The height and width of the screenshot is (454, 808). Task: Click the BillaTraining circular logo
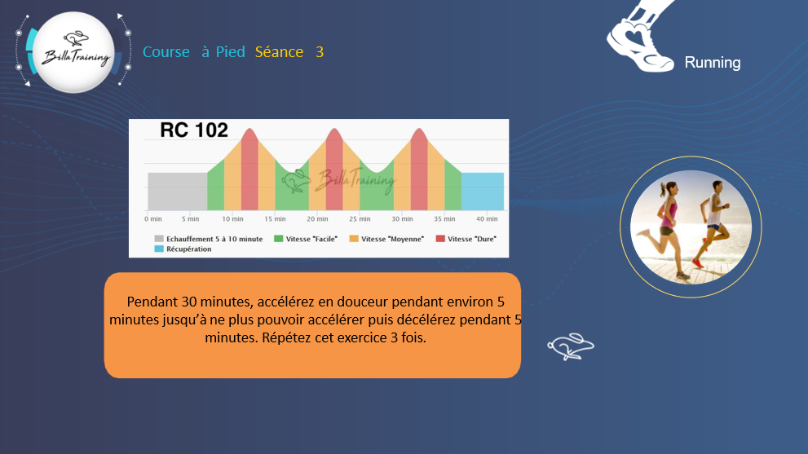click(x=73, y=52)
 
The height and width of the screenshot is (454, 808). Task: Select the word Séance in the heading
click(x=279, y=52)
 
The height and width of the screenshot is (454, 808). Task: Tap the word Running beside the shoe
click(x=712, y=63)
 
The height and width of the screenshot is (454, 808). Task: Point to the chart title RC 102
click(x=194, y=130)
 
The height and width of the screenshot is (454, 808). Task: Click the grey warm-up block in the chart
click(x=177, y=192)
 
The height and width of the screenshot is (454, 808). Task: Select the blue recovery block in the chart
click(x=483, y=192)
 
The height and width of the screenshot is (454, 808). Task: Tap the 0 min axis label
click(x=153, y=219)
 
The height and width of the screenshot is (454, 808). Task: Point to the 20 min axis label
click(x=317, y=219)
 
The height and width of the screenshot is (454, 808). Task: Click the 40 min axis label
click(x=487, y=219)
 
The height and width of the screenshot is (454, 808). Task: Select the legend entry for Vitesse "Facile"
click(x=306, y=239)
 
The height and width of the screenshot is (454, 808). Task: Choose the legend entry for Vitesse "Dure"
click(x=466, y=239)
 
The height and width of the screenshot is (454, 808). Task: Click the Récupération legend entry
click(x=183, y=249)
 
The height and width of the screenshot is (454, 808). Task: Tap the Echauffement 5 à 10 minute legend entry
click(x=209, y=239)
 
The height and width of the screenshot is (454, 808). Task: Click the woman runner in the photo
click(x=665, y=227)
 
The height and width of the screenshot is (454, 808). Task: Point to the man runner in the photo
click(x=713, y=223)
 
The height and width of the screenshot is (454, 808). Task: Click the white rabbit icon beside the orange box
click(x=571, y=346)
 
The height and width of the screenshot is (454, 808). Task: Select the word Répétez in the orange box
click(x=286, y=338)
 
